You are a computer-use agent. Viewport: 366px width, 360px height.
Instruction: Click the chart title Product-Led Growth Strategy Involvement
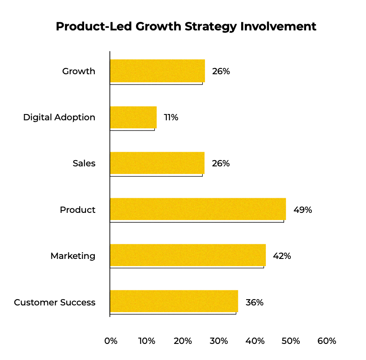(x=186, y=26)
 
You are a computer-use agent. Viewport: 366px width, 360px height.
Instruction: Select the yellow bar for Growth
(x=157, y=71)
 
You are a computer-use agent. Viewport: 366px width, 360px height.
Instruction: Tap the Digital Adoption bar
(x=133, y=117)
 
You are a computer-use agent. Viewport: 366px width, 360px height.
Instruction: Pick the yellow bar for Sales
(x=157, y=163)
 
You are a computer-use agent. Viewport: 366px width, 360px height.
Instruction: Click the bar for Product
(x=197, y=209)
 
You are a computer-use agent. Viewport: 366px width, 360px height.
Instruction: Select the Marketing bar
(x=187, y=255)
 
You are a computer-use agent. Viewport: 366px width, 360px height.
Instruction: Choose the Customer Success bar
(x=174, y=301)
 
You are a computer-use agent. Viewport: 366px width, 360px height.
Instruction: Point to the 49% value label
(x=302, y=210)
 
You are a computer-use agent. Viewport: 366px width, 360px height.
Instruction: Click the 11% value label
(x=171, y=118)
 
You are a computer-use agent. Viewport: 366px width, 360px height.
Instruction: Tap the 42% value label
(x=282, y=256)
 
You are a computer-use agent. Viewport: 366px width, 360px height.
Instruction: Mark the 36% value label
(x=254, y=302)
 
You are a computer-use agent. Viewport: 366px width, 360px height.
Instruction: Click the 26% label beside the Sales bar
(x=221, y=164)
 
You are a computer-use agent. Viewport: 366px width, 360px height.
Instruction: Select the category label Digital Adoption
(x=59, y=118)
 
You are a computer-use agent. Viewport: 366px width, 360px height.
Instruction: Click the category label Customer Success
(x=55, y=302)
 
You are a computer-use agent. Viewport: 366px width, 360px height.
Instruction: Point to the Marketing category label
(x=72, y=256)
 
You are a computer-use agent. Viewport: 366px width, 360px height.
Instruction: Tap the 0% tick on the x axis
(x=111, y=341)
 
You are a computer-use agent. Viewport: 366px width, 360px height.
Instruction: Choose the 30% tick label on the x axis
(x=218, y=341)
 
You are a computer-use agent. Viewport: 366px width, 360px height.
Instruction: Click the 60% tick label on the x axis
(x=327, y=341)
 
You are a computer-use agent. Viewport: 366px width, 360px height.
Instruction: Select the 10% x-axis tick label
(x=146, y=341)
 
